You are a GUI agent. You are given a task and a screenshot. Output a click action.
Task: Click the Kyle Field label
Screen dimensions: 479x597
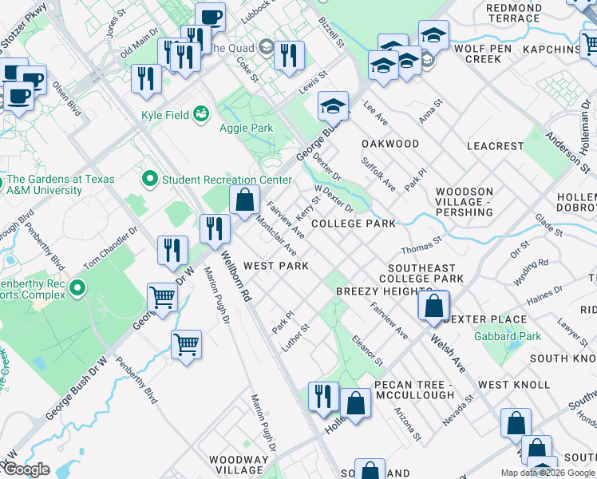coord(165,115)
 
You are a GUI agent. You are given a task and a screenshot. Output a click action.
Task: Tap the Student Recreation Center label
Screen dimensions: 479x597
coord(227,180)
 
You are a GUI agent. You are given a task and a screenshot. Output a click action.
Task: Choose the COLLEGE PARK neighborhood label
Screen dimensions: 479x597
coord(353,224)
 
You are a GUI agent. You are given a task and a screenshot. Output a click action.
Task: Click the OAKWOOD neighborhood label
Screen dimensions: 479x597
coord(390,144)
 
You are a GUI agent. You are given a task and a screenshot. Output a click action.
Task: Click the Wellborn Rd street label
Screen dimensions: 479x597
coord(237,276)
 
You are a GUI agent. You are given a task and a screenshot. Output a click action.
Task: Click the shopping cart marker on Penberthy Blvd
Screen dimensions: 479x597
coord(186,345)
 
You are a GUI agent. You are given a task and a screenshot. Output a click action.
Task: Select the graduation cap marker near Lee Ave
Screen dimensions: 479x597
coord(333,105)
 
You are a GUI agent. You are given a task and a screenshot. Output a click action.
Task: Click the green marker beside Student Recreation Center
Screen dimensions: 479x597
coord(149,180)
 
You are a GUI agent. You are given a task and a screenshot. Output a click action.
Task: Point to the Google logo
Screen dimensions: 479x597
coord(26,469)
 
